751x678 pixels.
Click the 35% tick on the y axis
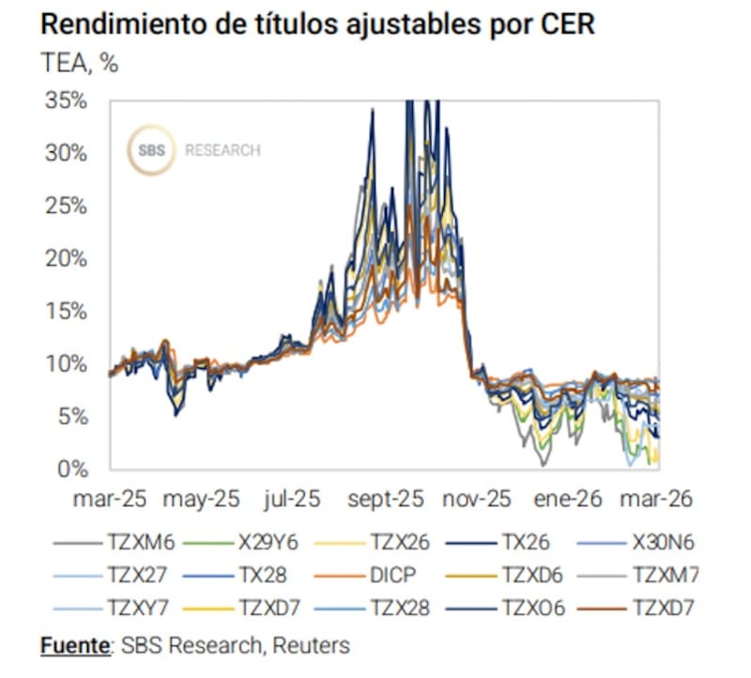(68, 100)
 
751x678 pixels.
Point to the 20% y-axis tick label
(68, 258)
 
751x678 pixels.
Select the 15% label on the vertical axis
(68, 311)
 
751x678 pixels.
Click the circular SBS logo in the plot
(151, 150)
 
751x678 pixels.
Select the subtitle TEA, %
(80, 64)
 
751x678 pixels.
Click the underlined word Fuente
(74, 645)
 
